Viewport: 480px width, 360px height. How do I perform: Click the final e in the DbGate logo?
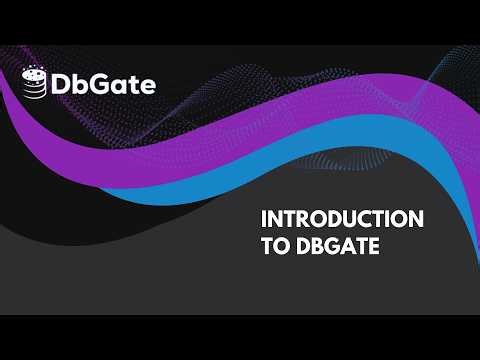(x=148, y=87)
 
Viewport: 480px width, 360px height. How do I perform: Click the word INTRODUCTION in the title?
(x=341, y=219)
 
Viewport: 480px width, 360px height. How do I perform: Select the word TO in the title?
(x=271, y=246)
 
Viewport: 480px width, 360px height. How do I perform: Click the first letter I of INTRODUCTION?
(x=263, y=219)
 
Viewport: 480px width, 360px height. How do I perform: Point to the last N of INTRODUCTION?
(x=416, y=219)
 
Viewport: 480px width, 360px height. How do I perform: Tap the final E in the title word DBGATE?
(x=373, y=246)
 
